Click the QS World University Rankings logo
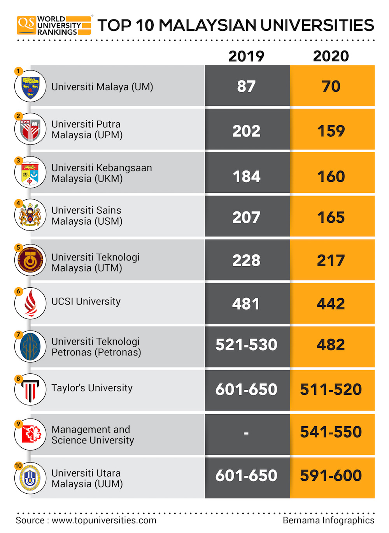point(54,26)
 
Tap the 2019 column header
point(246,56)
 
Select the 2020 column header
point(331,56)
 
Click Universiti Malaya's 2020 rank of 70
point(331,86)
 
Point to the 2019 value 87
point(246,86)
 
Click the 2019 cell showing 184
point(246,176)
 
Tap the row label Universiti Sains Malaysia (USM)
point(87,216)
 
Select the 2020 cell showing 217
point(331,260)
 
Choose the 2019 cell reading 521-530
point(246,345)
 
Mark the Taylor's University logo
point(30,389)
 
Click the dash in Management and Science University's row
point(246,433)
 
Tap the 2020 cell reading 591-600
point(331,475)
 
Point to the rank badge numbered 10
point(18,466)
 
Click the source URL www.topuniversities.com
point(104,521)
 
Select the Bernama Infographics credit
point(328,521)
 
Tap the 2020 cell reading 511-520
point(331,389)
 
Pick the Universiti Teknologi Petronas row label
point(96,347)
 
